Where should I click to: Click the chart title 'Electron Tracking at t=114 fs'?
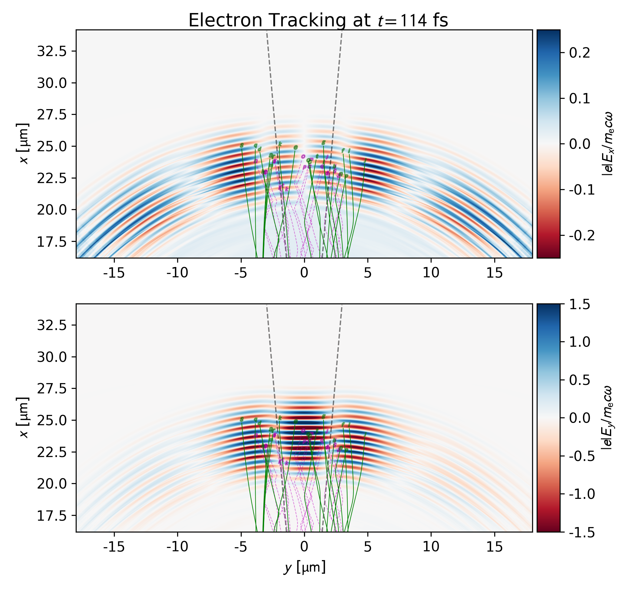tap(318, 20)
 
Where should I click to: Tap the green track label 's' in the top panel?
tap(242, 145)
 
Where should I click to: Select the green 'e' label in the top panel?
tap(296, 147)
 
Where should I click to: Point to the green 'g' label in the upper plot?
tap(323, 142)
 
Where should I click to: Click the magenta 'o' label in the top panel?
tap(303, 156)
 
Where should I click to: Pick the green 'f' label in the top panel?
tap(343, 151)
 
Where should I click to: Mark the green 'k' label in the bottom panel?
tap(280, 418)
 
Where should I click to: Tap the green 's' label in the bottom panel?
tap(242, 419)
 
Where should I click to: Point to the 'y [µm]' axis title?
tap(304, 568)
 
